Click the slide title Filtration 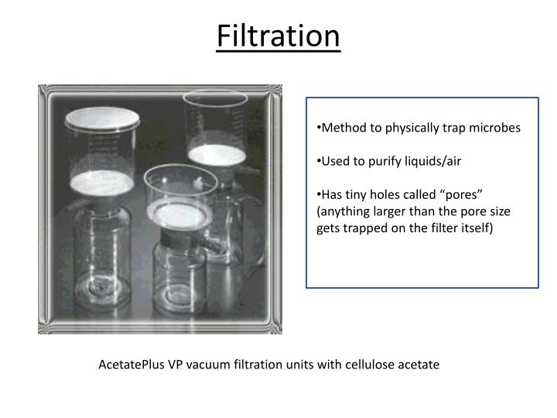click(x=278, y=36)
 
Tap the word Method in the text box click(x=343, y=128)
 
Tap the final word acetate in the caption click(x=418, y=364)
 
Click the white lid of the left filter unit click(x=102, y=118)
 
